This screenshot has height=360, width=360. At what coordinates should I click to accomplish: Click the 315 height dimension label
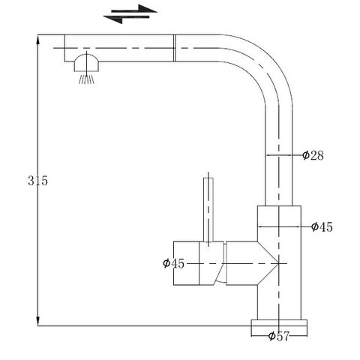(x=37, y=181)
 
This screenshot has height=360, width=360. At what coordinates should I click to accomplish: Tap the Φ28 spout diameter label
(x=313, y=155)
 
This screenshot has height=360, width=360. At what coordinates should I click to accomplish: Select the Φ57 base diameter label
(x=278, y=336)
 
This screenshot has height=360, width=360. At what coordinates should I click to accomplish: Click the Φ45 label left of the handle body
(x=173, y=263)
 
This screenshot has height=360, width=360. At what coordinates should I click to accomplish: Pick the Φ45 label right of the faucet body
(x=322, y=227)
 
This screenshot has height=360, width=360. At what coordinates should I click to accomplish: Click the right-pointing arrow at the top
(x=134, y=10)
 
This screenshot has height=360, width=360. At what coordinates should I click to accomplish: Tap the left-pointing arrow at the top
(x=126, y=19)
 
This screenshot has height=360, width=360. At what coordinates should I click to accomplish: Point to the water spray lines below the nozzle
(x=86, y=79)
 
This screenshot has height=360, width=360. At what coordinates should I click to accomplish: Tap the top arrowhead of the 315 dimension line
(x=37, y=39)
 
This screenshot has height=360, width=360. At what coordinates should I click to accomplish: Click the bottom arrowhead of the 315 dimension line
(x=37, y=321)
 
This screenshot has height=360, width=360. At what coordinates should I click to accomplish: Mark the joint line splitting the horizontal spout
(x=175, y=48)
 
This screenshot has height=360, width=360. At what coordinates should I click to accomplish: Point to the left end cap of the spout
(x=64, y=48)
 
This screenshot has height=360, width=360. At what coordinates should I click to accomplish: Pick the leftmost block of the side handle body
(x=186, y=263)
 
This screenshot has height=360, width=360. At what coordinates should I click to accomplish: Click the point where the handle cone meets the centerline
(x=279, y=263)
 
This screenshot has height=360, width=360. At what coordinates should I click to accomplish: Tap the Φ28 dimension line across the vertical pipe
(x=278, y=155)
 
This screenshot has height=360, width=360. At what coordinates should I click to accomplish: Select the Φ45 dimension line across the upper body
(x=279, y=226)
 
